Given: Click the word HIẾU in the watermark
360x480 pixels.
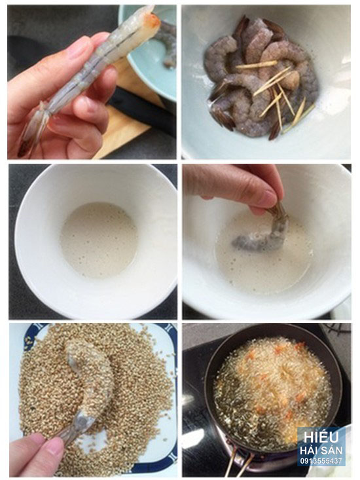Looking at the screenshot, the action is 321,437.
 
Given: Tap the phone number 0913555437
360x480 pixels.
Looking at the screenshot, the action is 321,460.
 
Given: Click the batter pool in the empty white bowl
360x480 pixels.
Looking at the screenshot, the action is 98,240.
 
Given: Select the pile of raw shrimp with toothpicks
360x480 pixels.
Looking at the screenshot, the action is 262,78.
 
